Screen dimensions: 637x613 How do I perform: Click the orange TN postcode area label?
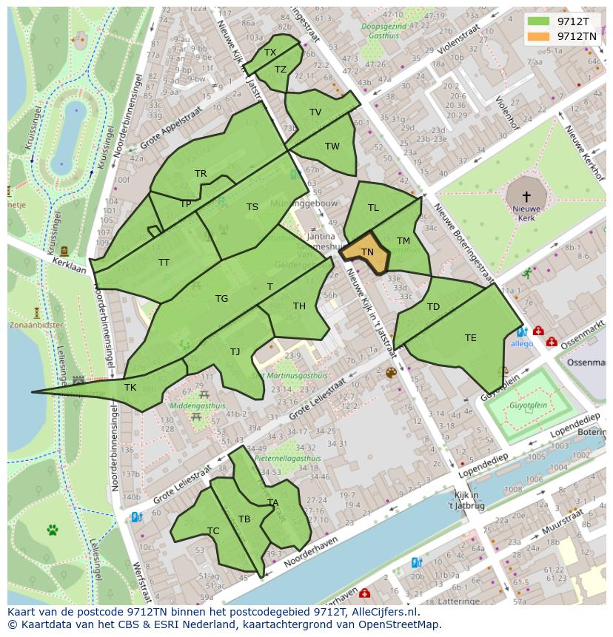[367, 252]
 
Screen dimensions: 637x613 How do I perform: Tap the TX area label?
[270, 53]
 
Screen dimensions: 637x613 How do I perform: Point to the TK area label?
[130, 388]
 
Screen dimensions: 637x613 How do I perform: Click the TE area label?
[471, 338]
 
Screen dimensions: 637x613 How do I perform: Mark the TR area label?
[201, 174]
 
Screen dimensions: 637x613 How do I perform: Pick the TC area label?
[213, 531]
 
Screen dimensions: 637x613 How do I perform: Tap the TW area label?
[332, 146]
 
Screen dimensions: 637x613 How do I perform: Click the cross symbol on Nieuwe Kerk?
[526, 197]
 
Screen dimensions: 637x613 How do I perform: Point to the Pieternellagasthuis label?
[287, 459]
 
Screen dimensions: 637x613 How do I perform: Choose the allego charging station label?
[521, 344]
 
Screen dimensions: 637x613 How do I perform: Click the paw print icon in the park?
[53, 530]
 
